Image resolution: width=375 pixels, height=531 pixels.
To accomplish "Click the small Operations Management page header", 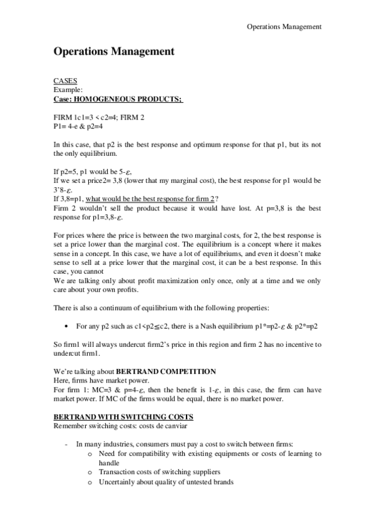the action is point(284,26).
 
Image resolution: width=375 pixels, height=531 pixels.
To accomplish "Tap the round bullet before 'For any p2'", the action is point(67,326).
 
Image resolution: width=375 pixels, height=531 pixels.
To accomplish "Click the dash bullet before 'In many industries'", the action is point(67,445).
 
